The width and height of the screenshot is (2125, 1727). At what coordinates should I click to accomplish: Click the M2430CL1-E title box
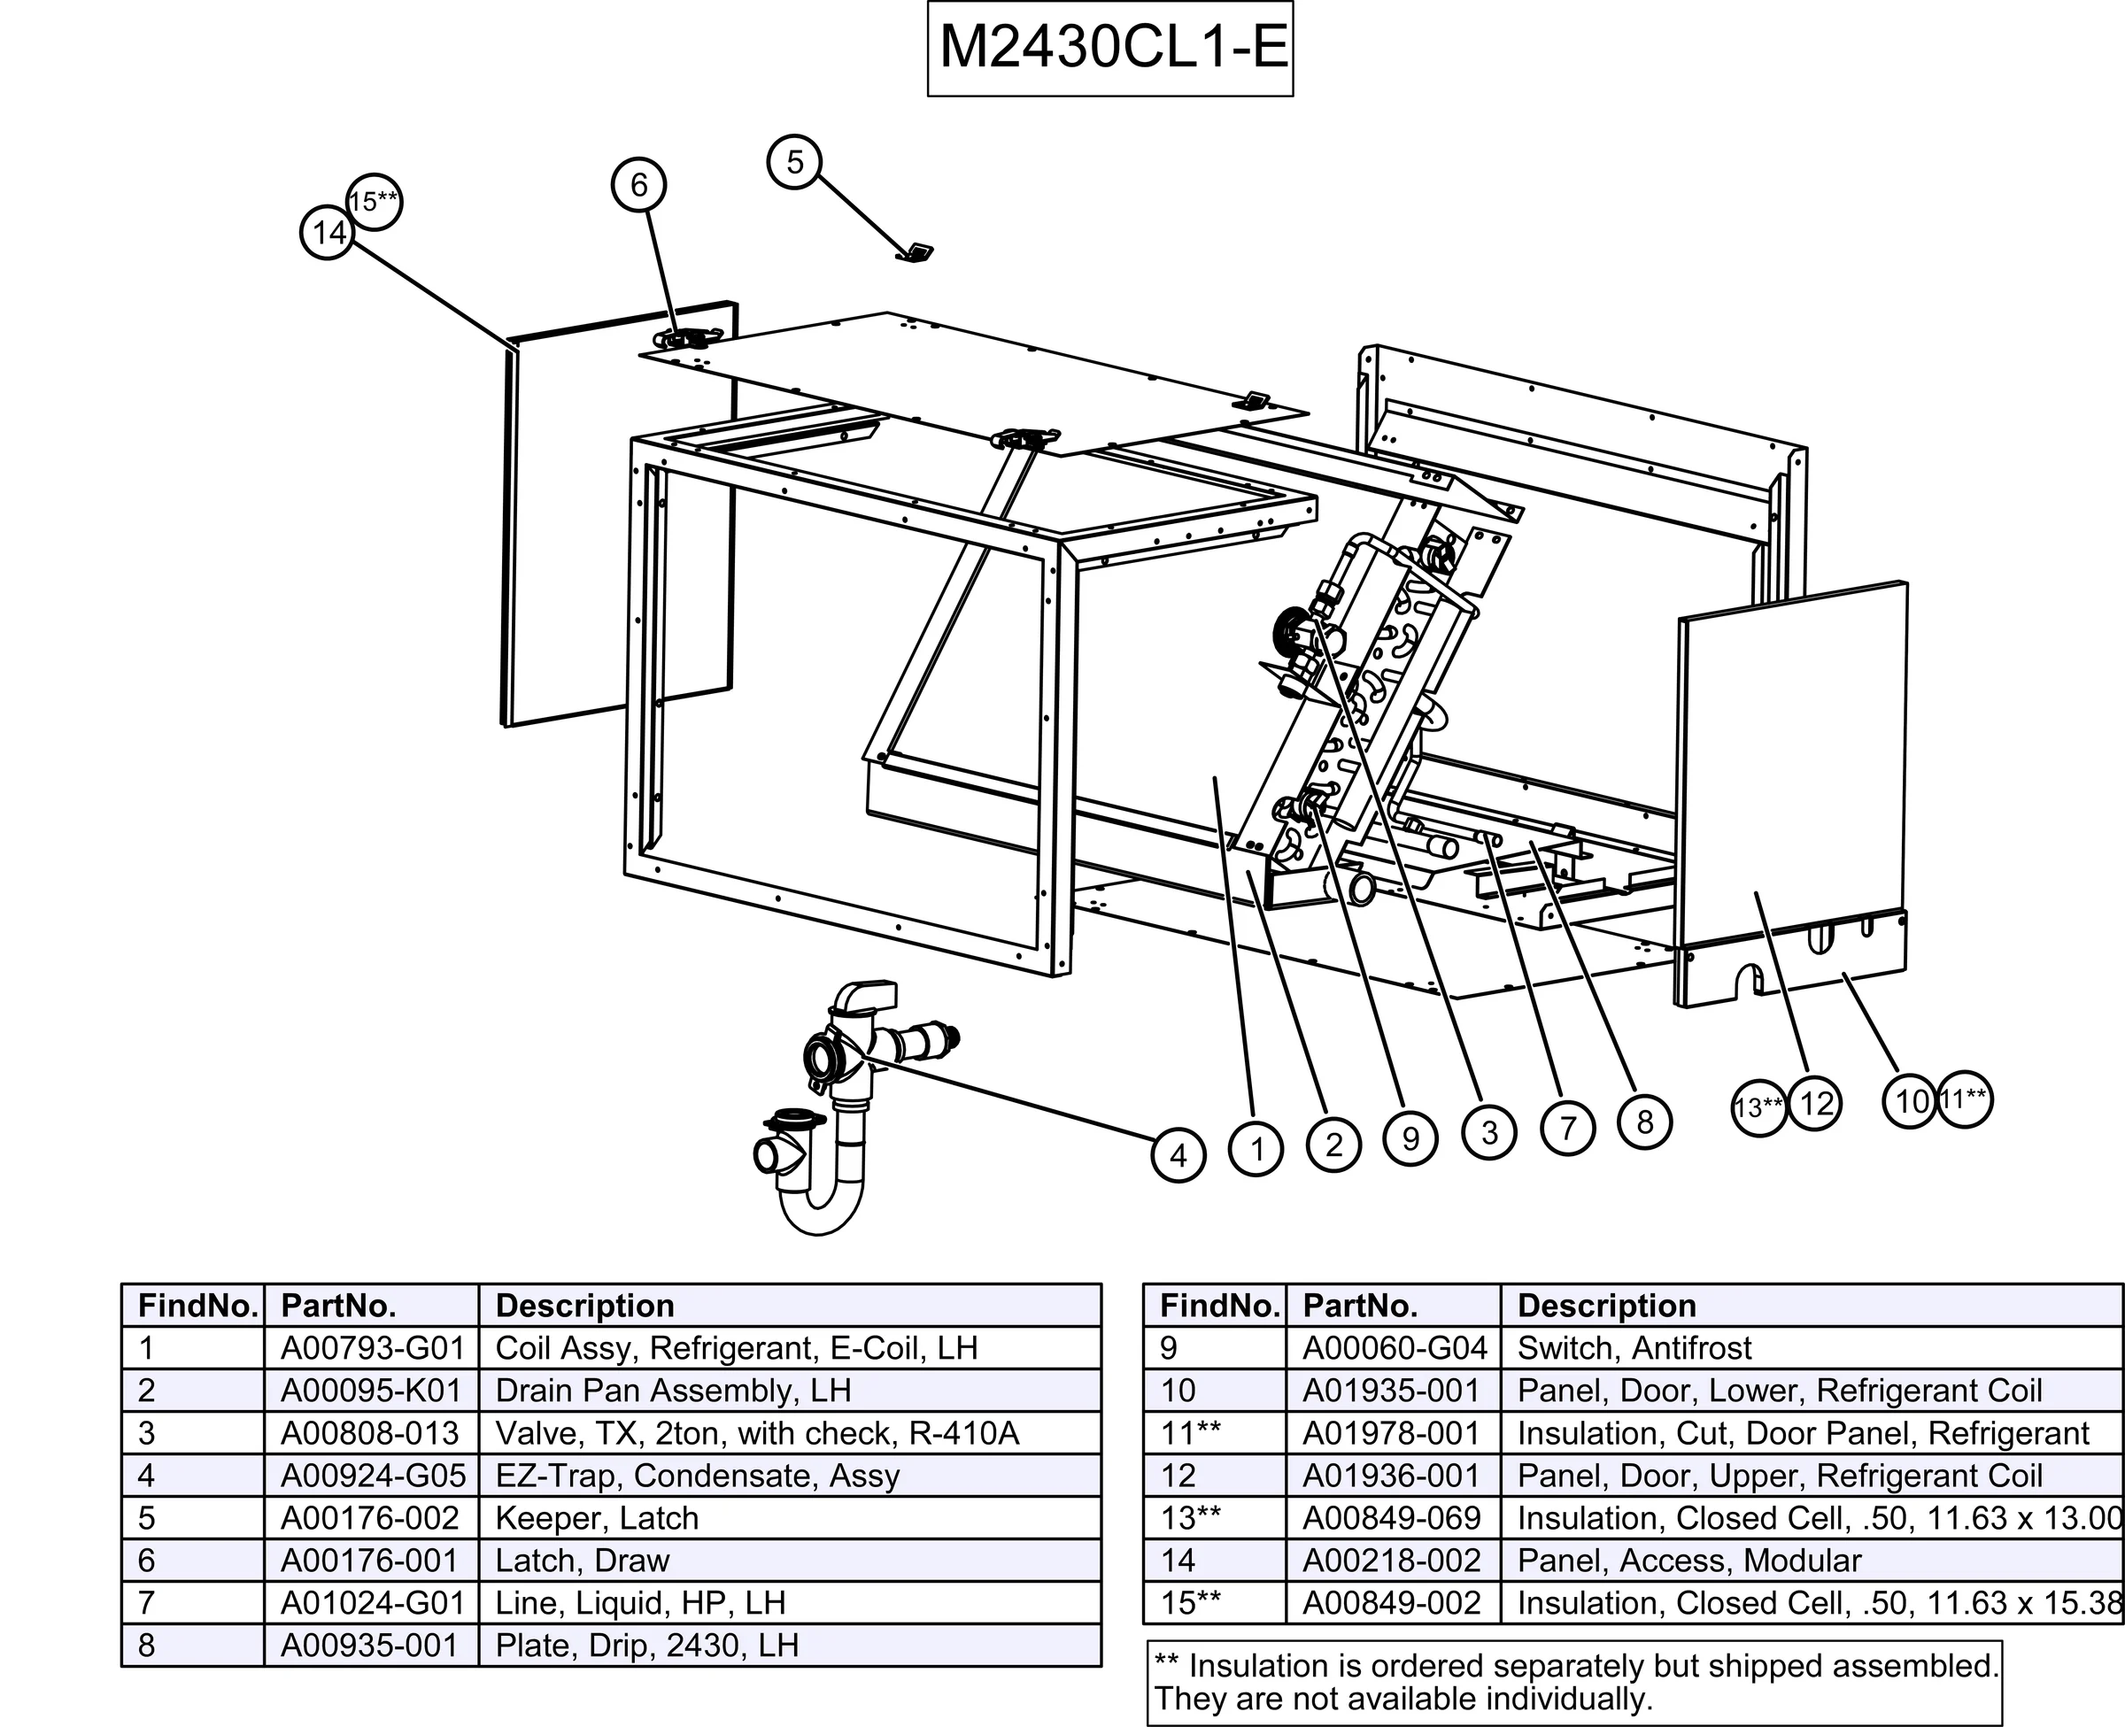click(x=1109, y=48)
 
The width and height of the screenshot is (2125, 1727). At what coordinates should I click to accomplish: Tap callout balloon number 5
click(x=794, y=161)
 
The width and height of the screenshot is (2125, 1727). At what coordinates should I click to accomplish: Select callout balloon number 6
click(x=637, y=184)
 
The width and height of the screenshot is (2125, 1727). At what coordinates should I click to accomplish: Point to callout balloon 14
click(x=328, y=233)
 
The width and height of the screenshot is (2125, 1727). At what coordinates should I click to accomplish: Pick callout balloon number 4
click(x=1178, y=1155)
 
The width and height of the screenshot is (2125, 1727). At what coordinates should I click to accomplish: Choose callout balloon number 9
click(x=1410, y=1138)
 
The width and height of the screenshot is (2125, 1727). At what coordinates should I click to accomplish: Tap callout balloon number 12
click(x=1816, y=1103)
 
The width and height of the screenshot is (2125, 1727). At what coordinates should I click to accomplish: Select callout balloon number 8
click(x=1644, y=1122)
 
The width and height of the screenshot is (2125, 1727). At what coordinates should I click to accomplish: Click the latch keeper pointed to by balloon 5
click(x=916, y=252)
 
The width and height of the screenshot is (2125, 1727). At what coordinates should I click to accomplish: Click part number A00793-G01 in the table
click(x=372, y=1348)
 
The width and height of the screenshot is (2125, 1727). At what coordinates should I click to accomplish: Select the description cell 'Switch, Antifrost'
click(x=1634, y=1348)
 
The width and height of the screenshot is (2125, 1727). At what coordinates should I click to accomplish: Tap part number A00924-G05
click(x=372, y=1476)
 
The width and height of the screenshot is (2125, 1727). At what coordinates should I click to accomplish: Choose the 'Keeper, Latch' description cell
click(x=597, y=1518)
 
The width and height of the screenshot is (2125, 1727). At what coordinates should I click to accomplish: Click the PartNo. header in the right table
click(x=1360, y=1305)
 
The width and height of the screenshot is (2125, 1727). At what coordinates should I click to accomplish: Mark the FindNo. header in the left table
click(x=197, y=1305)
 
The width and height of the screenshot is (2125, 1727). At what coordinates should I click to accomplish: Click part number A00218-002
click(x=1391, y=1561)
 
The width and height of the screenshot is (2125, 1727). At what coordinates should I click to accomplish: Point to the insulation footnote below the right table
click(x=1574, y=1681)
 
